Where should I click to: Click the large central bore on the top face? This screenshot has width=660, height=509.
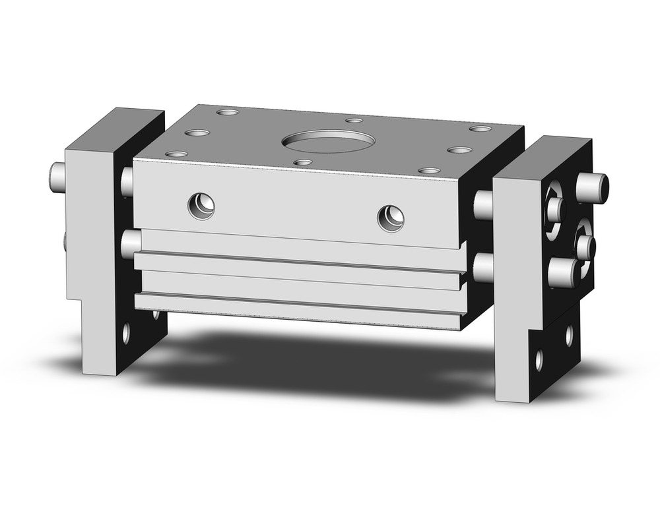(x=327, y=141)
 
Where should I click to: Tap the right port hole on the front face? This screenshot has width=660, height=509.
(x=391, y=217)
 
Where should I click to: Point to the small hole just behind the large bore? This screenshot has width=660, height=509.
(x=354, y=121)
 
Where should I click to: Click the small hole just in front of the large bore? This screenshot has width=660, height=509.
(x=302, y=162)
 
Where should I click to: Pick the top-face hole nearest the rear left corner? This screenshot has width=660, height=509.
(x=228, y=113)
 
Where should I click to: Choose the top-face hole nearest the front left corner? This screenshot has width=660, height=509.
(x=176, y=154)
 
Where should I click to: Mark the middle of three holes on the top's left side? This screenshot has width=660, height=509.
(x=197, y=133)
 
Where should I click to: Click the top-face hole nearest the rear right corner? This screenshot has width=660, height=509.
(x=480, y=129)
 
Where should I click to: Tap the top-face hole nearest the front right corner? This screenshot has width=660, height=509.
(x=430, y=171)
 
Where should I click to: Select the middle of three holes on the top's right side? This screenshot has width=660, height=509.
(x=459, y=150)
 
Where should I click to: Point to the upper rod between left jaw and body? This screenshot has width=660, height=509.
(x=127, y=181)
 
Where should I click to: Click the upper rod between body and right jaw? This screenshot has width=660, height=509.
(x=484, y=205)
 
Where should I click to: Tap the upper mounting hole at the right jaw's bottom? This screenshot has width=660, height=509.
(x=569, y=335)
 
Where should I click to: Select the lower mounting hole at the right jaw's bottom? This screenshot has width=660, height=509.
(x=539, y=360)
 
